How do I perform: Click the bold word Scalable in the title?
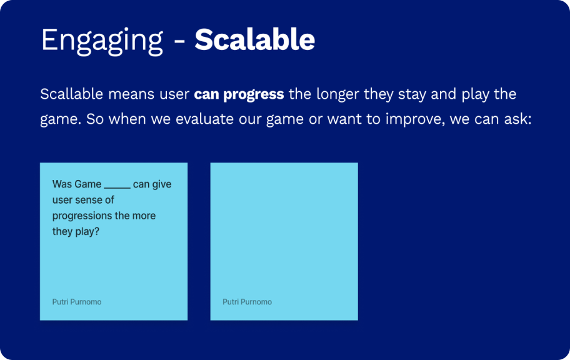click(x=254, y=39)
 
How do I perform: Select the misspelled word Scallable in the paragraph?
click(x=72, y=94)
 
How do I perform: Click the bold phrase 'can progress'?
click(x=239, y=94)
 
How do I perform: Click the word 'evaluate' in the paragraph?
click(x=204, y=119)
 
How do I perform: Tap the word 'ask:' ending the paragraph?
click(x=517, y=119)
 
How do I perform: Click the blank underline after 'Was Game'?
click(x=117, y=188)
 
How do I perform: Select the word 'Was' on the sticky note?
click(x=62, y=184)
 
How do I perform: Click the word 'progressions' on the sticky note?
click(x=82, y=216)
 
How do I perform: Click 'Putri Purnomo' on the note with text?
click(x=77, y=302)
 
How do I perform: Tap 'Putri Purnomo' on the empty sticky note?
click(x=247, y=302)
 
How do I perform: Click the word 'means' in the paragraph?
click(x=131, y=94)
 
